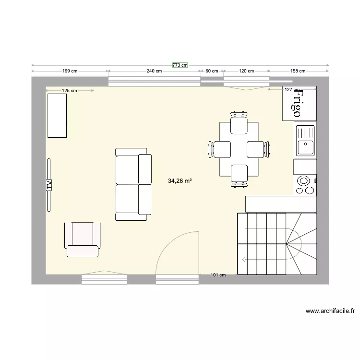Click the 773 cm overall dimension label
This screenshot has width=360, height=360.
(180, 65)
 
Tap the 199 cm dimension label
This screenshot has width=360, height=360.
(70, 71)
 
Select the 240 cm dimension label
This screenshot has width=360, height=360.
(154, 71)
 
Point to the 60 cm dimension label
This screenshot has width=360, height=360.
(212, 71)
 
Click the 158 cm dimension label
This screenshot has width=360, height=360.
(298, 71)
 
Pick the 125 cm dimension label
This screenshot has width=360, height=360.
(70, 90)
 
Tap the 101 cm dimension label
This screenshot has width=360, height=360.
(218, 275)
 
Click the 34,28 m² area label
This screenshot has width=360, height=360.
(180, 181)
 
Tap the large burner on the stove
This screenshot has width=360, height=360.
(303, 181)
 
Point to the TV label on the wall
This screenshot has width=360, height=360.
(48, 184)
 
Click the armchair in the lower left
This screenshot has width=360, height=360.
(83, 239)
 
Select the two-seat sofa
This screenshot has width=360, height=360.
(133, 184)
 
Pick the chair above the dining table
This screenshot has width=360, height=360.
(239, 124)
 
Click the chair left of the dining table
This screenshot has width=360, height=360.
(219, 149)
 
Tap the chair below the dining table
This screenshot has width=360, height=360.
(239, 174)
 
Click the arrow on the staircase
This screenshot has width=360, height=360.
(245, 260)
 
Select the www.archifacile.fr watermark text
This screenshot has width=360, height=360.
(330, 311)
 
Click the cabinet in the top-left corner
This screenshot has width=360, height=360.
(57, 116)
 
